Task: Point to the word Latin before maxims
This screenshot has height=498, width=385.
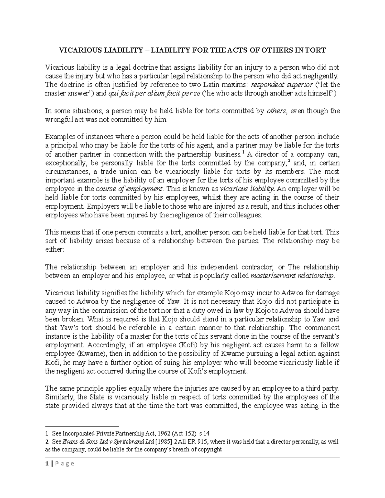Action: (x=217, y=85)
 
